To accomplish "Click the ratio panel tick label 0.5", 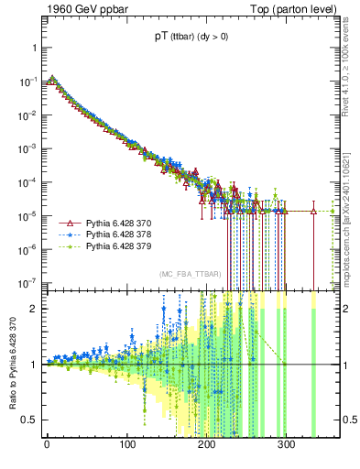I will [x=29, y=420].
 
